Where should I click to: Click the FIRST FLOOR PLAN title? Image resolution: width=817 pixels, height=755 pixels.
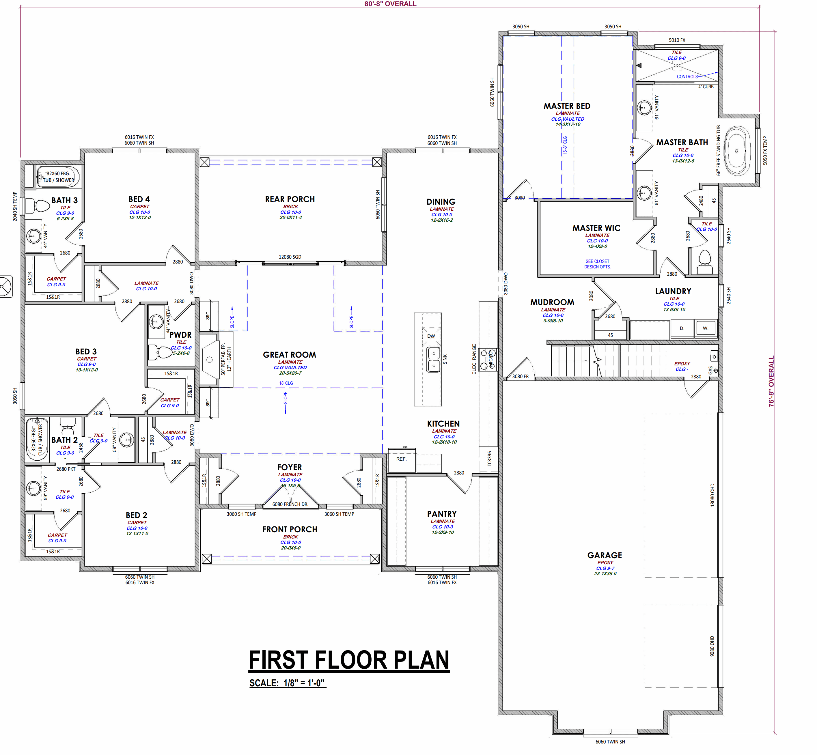[x=349, y=661]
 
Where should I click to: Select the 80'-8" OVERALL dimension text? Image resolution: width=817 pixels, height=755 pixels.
[x=390, y=4]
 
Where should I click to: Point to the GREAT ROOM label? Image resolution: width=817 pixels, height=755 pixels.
[x=289, y=355]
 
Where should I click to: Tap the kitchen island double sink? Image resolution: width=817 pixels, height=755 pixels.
[x=433, y=360]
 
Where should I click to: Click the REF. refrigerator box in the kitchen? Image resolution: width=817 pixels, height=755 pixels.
[x=401, y=459]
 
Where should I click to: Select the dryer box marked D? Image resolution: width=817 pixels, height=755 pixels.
[x=682, y=328]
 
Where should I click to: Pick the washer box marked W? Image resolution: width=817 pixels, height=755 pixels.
[x=706, y=328]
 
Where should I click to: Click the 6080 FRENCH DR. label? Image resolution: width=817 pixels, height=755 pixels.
[x=290, y=504]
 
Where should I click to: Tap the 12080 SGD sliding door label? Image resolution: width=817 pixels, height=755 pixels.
[x=290, y=257]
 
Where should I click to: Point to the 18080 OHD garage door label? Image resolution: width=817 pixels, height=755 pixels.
[x=712, y=495]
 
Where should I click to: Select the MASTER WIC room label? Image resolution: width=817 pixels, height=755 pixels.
[x=596, y=228]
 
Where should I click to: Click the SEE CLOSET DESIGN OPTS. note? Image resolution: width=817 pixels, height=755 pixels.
[x=597, y=264]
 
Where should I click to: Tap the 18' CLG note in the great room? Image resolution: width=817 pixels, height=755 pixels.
[x=286, y=383]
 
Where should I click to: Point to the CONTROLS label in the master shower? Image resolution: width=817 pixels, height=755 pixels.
[x=687, y=76]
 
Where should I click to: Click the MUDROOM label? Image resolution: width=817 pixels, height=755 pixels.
[x=552, y=302]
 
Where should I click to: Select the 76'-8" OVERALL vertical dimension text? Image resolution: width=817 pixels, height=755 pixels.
[x=771, y=381]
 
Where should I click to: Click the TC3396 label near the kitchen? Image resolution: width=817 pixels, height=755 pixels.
[x=489, y=458]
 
